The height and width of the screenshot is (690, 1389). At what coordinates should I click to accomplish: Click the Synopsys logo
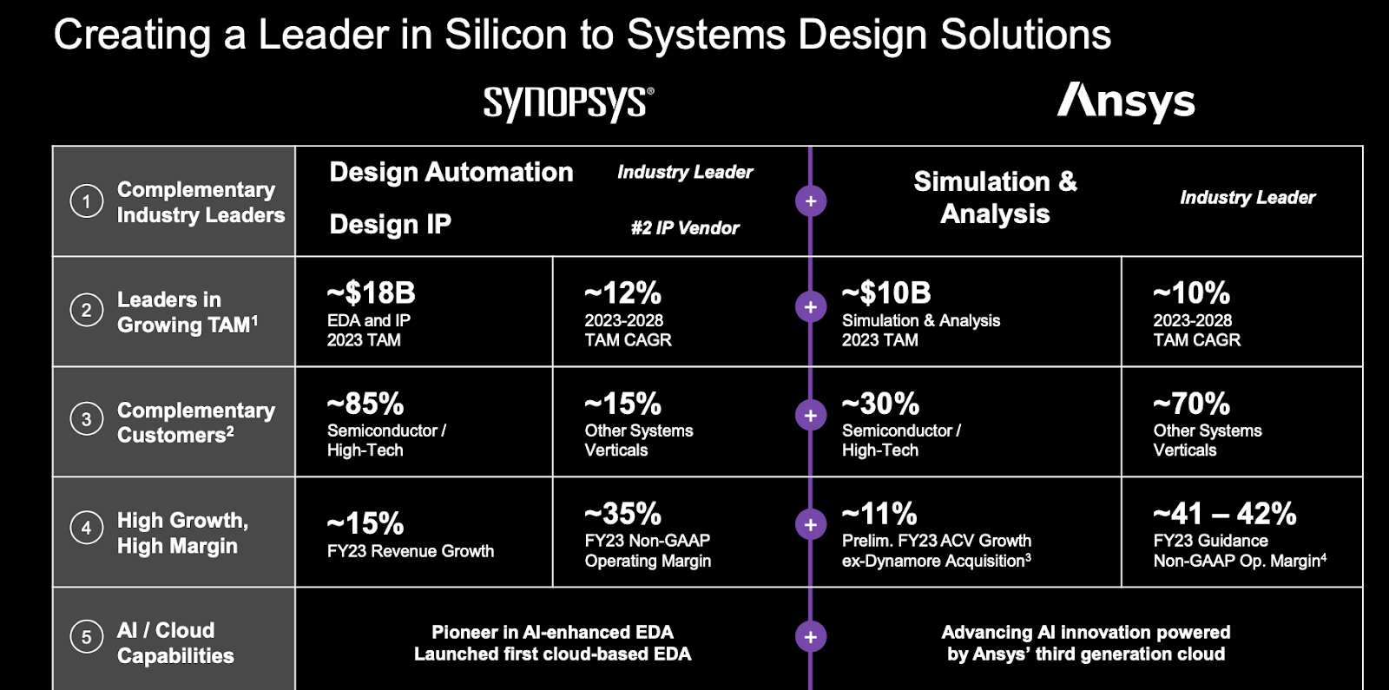pos(568,103)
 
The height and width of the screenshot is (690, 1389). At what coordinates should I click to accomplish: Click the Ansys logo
pos(1126,102)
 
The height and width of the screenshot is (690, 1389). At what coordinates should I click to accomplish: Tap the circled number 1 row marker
pos(86,202)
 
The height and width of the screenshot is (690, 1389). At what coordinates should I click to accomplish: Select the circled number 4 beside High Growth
pos(86,527)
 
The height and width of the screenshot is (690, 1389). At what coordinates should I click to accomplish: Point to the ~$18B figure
pos(371,293)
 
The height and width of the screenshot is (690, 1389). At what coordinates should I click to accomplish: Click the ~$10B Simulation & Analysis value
pos(886,293)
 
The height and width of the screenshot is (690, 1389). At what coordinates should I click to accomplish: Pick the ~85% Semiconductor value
pos(365,404)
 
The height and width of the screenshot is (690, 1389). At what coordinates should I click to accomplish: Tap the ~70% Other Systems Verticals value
pos(1191,404)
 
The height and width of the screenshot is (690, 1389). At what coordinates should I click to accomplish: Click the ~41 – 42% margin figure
pos(1224,514)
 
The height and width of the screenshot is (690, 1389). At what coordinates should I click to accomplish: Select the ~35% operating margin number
pos(622,514)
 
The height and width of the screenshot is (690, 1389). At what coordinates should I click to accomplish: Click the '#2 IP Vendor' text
pos(685,228)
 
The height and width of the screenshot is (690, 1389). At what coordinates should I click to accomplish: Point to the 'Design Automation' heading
pos(451,172)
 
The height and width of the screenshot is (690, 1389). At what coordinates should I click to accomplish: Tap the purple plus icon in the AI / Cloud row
pos(811,636)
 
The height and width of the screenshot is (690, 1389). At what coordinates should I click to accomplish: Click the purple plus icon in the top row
pos(811,201)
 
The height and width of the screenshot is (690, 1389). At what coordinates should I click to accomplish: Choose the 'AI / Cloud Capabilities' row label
pos(175,642)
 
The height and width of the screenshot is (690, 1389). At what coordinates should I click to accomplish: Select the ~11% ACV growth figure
pos(879,514)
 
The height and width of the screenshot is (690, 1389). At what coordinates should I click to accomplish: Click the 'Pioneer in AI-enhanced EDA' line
pos(552,632)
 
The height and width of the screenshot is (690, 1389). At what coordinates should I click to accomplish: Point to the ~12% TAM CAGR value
pos(622,293)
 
